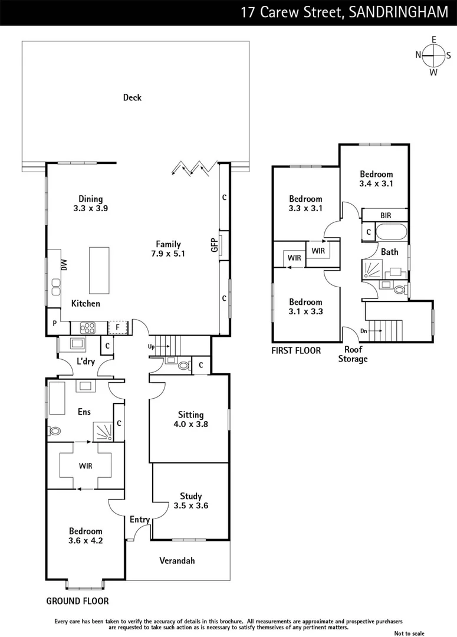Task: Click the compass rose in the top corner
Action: [433, 55]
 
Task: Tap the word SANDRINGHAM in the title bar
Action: [399, 12]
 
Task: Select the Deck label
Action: [132, 97]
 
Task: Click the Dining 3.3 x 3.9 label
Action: [90, 203]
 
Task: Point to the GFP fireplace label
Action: [214, 245]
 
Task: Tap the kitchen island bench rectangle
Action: [100, 270]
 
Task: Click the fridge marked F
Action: [118, 327]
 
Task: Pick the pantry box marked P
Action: [54, 323]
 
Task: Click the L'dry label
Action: [86, 362]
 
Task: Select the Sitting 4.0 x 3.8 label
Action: [190, 419]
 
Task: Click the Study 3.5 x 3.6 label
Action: [190, 501]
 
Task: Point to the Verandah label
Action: [177, 560]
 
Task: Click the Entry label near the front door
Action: [140, 520]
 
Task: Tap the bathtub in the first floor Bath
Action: [392, 232]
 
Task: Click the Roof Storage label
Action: [353, 354]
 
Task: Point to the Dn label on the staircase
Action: [363, 331]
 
